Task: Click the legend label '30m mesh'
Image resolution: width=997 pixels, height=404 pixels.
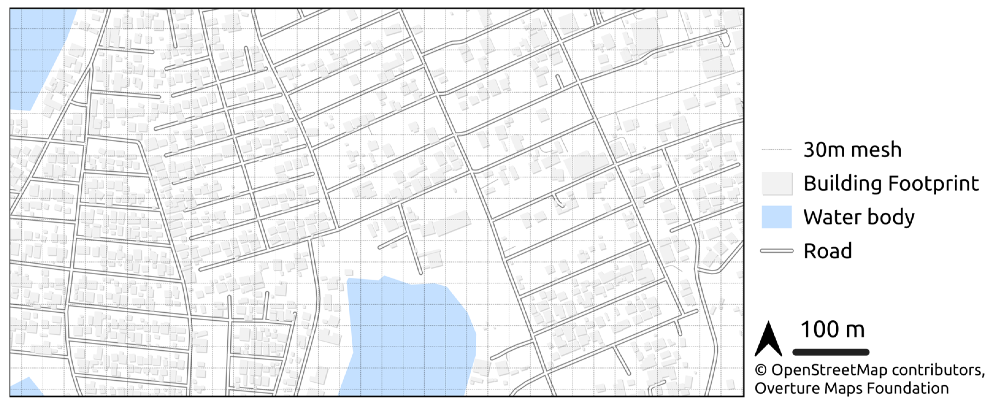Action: click(x=852, y=150)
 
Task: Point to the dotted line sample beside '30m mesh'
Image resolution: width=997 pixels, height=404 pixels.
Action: click(x=777, y=149)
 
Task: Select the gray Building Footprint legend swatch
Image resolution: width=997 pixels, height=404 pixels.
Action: click(x=777, y=183)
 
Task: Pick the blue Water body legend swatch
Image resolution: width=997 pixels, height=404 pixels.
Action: click(x=777, y=217)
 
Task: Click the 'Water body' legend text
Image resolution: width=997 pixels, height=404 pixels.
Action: click(x=859, y=217)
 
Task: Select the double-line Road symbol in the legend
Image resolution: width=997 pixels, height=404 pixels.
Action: click(x=777, y=251)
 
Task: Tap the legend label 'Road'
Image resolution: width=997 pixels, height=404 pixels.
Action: click(x=828, y=251)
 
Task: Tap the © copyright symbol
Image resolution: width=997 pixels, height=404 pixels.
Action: click(x=761, y=370)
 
